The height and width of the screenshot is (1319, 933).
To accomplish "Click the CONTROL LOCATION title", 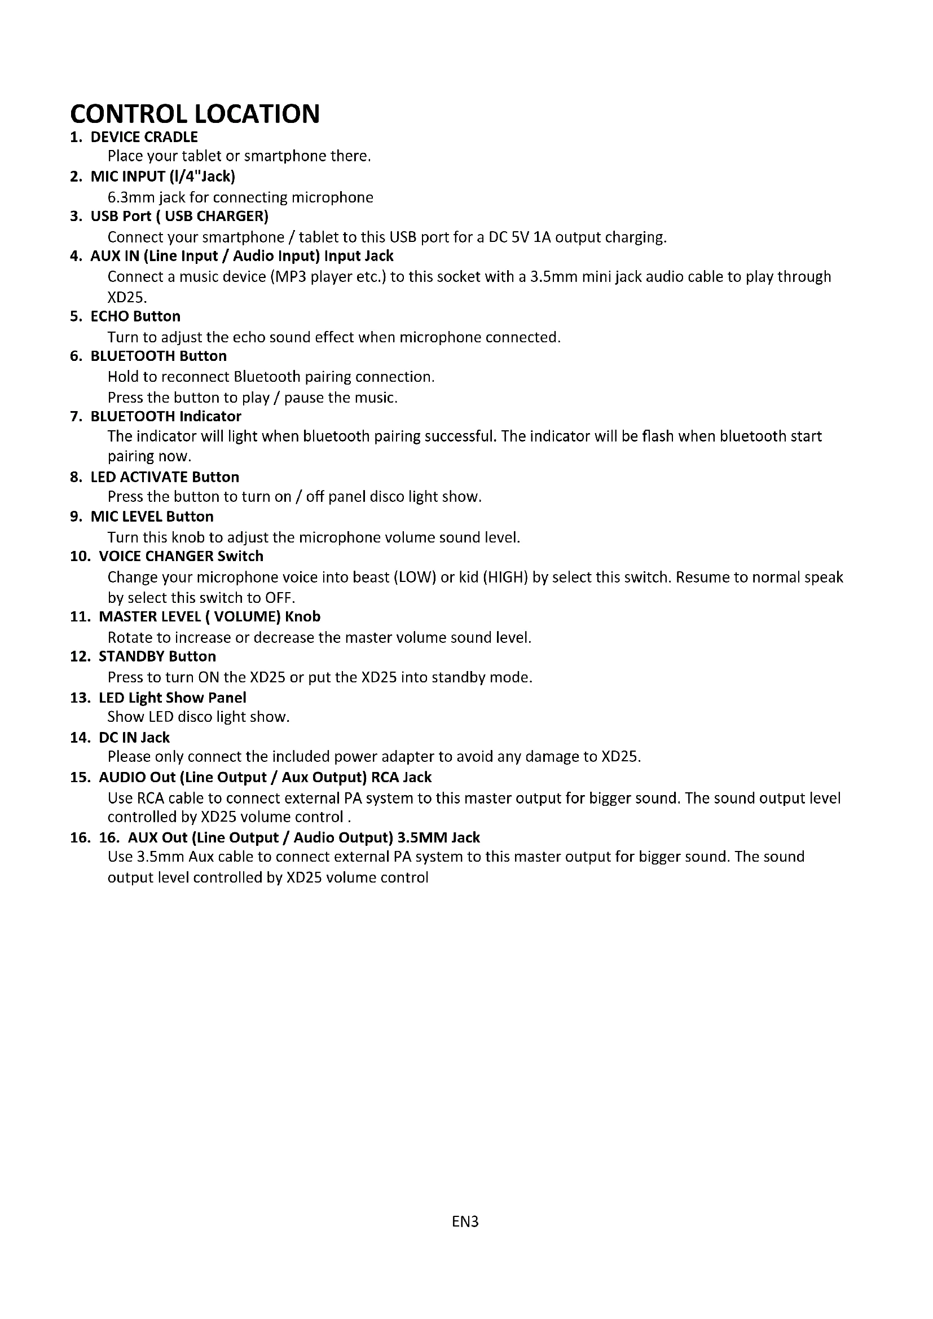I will [x=195, y=114].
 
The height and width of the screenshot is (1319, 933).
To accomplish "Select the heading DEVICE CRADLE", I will [x=144, y=137].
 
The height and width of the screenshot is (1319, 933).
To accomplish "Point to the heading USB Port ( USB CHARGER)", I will [x=179, y=217].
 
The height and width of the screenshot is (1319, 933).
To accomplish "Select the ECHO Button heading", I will [x=135, y=316].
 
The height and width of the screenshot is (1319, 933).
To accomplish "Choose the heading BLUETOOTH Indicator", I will [x=166, y=416].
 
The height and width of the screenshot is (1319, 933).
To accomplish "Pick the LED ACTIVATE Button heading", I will [x=165, y=477].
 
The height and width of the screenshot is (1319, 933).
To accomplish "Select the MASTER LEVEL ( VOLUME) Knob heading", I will [x=210, y=617].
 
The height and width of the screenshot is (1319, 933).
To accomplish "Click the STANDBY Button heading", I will [x=157, y=656].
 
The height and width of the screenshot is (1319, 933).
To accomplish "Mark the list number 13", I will [x=80, y=698].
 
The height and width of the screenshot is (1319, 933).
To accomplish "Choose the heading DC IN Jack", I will [x=134, y=738].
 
